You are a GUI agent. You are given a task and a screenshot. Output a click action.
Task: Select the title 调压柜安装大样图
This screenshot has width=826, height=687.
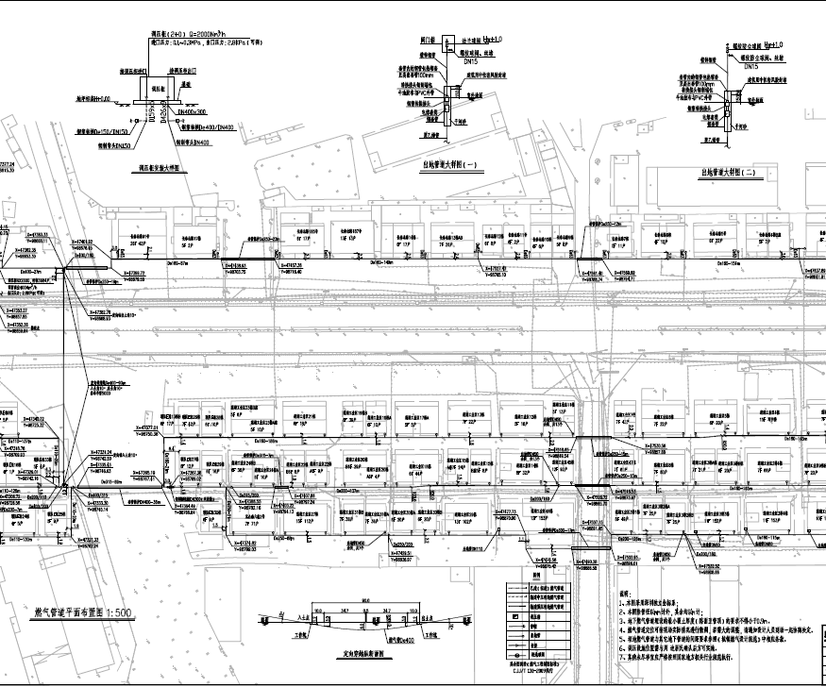(x=166, y=164)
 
